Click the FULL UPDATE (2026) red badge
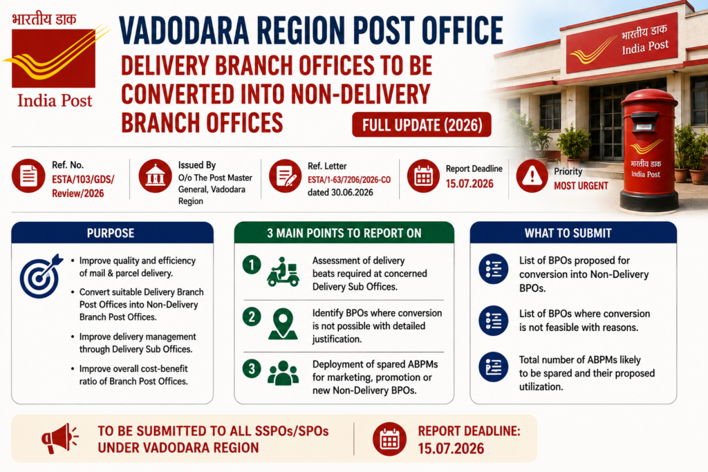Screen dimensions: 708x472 pyautogui.click(x=421, y=124)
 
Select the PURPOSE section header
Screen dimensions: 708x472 pyautogui.click(x=112, y=233)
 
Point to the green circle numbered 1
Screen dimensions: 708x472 pyautogui.click(x=252, y=265)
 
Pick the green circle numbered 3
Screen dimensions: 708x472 pyautogui.click(x=252, y=368)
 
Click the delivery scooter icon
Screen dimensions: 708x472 pyautogui.click(x=283, y=272)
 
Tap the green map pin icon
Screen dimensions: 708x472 pyautogui.click(x=283, y=323)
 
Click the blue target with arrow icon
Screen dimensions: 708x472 pyautogui.click(x=41, y=276)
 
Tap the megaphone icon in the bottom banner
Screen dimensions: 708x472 pyautogui.click(x=59, y=438)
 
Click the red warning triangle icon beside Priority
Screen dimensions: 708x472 pyautogui.click(x=532, y=176)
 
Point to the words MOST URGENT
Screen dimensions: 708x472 pyautogui.click(x=581, y=186)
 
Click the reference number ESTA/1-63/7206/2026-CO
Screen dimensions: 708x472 pyautogui.click(x=349, y=180)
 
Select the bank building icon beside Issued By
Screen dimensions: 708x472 pyautogui.click(x=156, y=176)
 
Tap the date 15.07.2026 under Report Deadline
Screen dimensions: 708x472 pyautogui.click(x=469, y=184)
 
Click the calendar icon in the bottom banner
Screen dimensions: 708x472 pyautogui.click(x=389, y=439)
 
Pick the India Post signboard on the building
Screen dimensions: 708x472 pyautogui.click(x=622, y=44)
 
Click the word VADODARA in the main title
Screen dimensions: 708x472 pyautogui.click(x=184, y=30)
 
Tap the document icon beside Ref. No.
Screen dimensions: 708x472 pyautogui.click(x=28, y=176)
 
